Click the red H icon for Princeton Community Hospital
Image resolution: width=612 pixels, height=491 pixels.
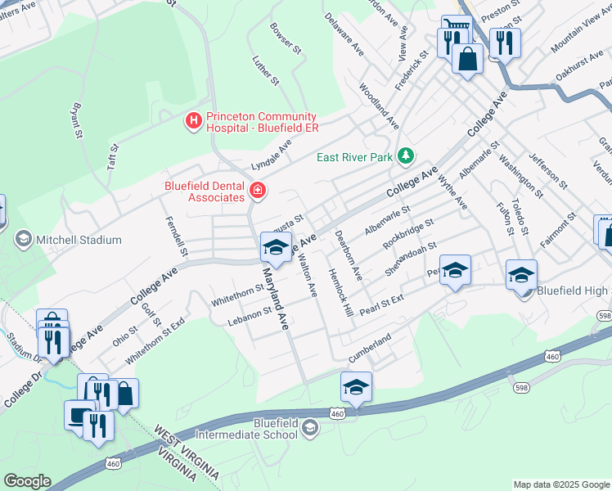pos(194,122)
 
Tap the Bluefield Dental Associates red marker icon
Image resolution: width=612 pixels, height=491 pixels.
pos(258,191)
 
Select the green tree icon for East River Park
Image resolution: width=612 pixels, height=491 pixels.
pos(405,155)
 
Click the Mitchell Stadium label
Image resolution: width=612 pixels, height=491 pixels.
pos(80,240)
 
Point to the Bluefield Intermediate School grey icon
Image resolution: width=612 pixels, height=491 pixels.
pos(310,427)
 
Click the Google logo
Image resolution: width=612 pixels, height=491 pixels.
pos(27,481)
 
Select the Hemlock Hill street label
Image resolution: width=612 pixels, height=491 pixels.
pos(340,295)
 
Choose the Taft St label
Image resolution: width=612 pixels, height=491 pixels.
pos(114,156)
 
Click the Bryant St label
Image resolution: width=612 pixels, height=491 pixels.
pos(77,120)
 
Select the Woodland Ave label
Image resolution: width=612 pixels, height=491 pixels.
pos(379,103)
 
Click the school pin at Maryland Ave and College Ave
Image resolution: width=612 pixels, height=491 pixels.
pos(276,248)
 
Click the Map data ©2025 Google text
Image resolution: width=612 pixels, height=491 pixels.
pos(560,484)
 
